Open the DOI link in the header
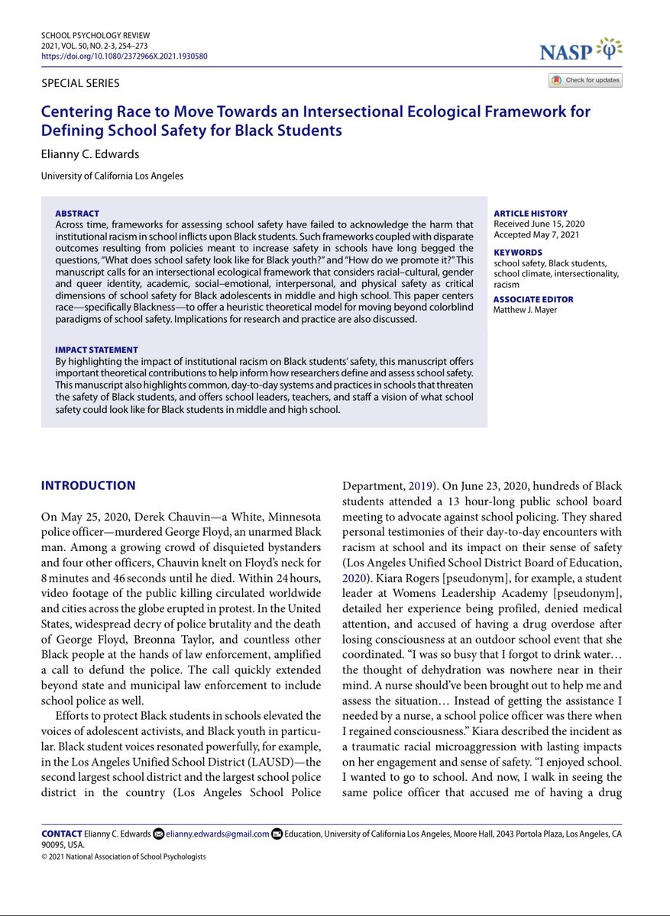tap(124, 56)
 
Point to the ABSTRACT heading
tap(77, 213)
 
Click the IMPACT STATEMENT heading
tap(97, 349)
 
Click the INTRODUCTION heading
tap(88, 485)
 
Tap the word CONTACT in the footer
tap(62, 834)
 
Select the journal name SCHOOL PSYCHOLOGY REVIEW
tap(96, 35)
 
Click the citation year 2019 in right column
tap(419, 486)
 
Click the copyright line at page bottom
tap(123, 856)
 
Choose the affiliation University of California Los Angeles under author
tap(112, 176)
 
